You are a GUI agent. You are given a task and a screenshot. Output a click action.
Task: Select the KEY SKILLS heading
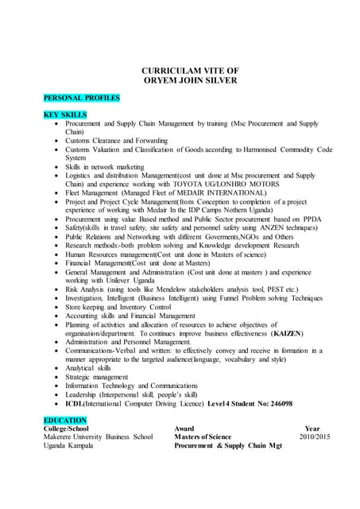point(65,115)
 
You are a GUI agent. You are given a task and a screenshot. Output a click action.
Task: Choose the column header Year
point(312,429)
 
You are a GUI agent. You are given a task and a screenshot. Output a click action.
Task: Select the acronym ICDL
point(76,404)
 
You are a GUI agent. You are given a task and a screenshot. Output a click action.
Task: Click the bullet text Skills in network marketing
point(105,167)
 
